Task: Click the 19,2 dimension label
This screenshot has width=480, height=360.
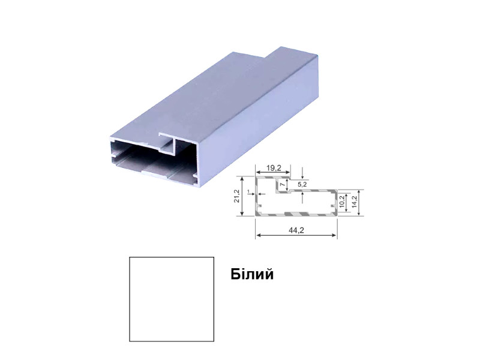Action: [x=274, y=168]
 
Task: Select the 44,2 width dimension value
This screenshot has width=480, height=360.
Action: [x=296, y=230]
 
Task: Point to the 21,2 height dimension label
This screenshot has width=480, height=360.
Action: [x=236, y=196]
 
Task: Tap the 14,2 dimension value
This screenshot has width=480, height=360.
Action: [x=355, y=202]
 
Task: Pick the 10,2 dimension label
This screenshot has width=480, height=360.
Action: [x=342, y=202]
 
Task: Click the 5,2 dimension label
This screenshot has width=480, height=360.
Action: [x=302, y=184]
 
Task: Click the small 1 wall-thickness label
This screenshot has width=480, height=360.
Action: [x=249, y=191]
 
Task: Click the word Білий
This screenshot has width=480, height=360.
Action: [x=252, y=274]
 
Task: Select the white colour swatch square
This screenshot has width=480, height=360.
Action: [x=172, y=299]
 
